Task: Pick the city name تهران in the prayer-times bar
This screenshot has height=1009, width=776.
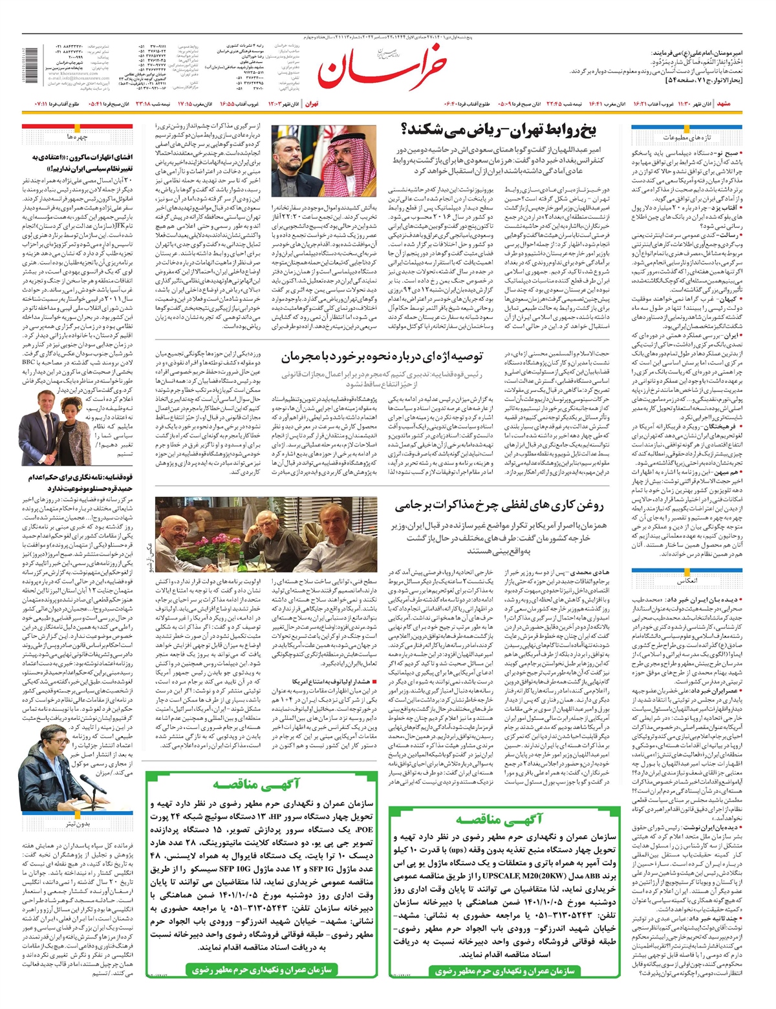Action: [x=312, y=103]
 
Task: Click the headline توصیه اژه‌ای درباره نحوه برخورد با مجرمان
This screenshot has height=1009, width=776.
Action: [x=381, y=356]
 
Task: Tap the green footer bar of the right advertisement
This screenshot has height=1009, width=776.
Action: [x=501, y=971]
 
